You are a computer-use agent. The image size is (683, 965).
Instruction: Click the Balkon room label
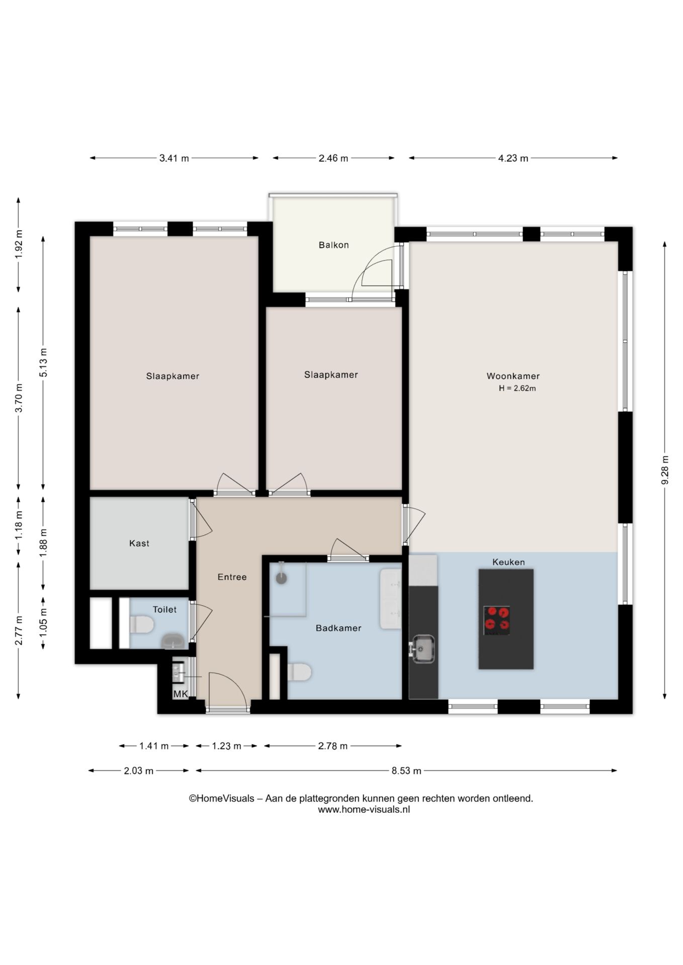[x=333, y=245]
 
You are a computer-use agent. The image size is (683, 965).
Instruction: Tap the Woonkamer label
[x=513, y=376]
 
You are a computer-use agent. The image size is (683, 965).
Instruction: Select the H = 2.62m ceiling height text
[x=517, y=389]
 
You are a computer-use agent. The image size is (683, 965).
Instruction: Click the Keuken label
[x=508, y=562]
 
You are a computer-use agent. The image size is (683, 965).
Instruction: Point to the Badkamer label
[x=338, y=628]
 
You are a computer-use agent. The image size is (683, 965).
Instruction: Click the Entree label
[x=232, y=577]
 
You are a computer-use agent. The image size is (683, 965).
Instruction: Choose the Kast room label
[x=139, y=543]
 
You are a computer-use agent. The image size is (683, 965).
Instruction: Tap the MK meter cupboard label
[x=180, y=694]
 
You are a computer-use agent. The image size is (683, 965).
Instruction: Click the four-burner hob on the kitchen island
[x=497, y=620]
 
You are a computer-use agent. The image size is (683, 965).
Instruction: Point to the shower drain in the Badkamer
[x=281, y=578]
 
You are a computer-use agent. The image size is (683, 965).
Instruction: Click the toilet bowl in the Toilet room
[x=141, y=625]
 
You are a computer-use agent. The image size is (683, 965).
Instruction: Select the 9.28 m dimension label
[x=665, y=470]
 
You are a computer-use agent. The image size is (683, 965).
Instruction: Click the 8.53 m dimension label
[x=406, y=771]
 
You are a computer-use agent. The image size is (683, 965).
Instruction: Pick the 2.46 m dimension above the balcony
[x=333, y=158]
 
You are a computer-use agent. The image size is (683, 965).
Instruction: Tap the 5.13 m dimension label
[x=44, y=362]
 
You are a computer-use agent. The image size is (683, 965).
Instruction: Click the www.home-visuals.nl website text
[x=364, y=810]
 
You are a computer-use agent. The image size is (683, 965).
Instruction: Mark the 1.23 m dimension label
[x=226, y=746]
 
